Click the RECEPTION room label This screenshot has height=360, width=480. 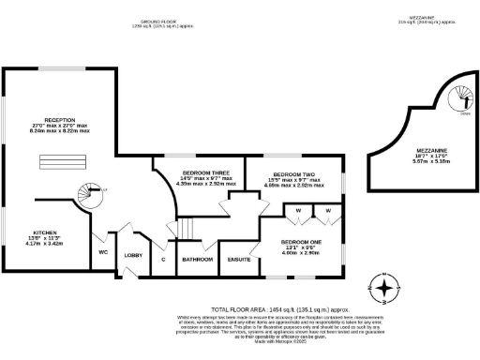coord(59,121)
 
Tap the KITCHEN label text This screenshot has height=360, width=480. coord(46,231)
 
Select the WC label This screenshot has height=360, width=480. coord(102,251)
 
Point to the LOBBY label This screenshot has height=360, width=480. coord(133,255)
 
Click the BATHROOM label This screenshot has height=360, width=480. coord(198,260)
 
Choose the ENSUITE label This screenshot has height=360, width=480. coord(239,260)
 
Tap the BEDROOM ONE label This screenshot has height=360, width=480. coord(301,243)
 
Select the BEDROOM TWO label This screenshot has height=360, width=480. coord(293,175)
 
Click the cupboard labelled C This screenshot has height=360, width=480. coord(164,260)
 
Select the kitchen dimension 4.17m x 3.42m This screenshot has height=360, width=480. coord(46,242)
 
